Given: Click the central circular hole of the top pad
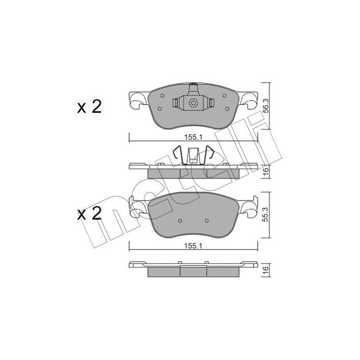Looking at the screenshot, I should coord(193,103).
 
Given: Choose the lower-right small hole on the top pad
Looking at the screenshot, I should coord(225,108).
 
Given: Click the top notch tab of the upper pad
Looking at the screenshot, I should coord(193,85).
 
